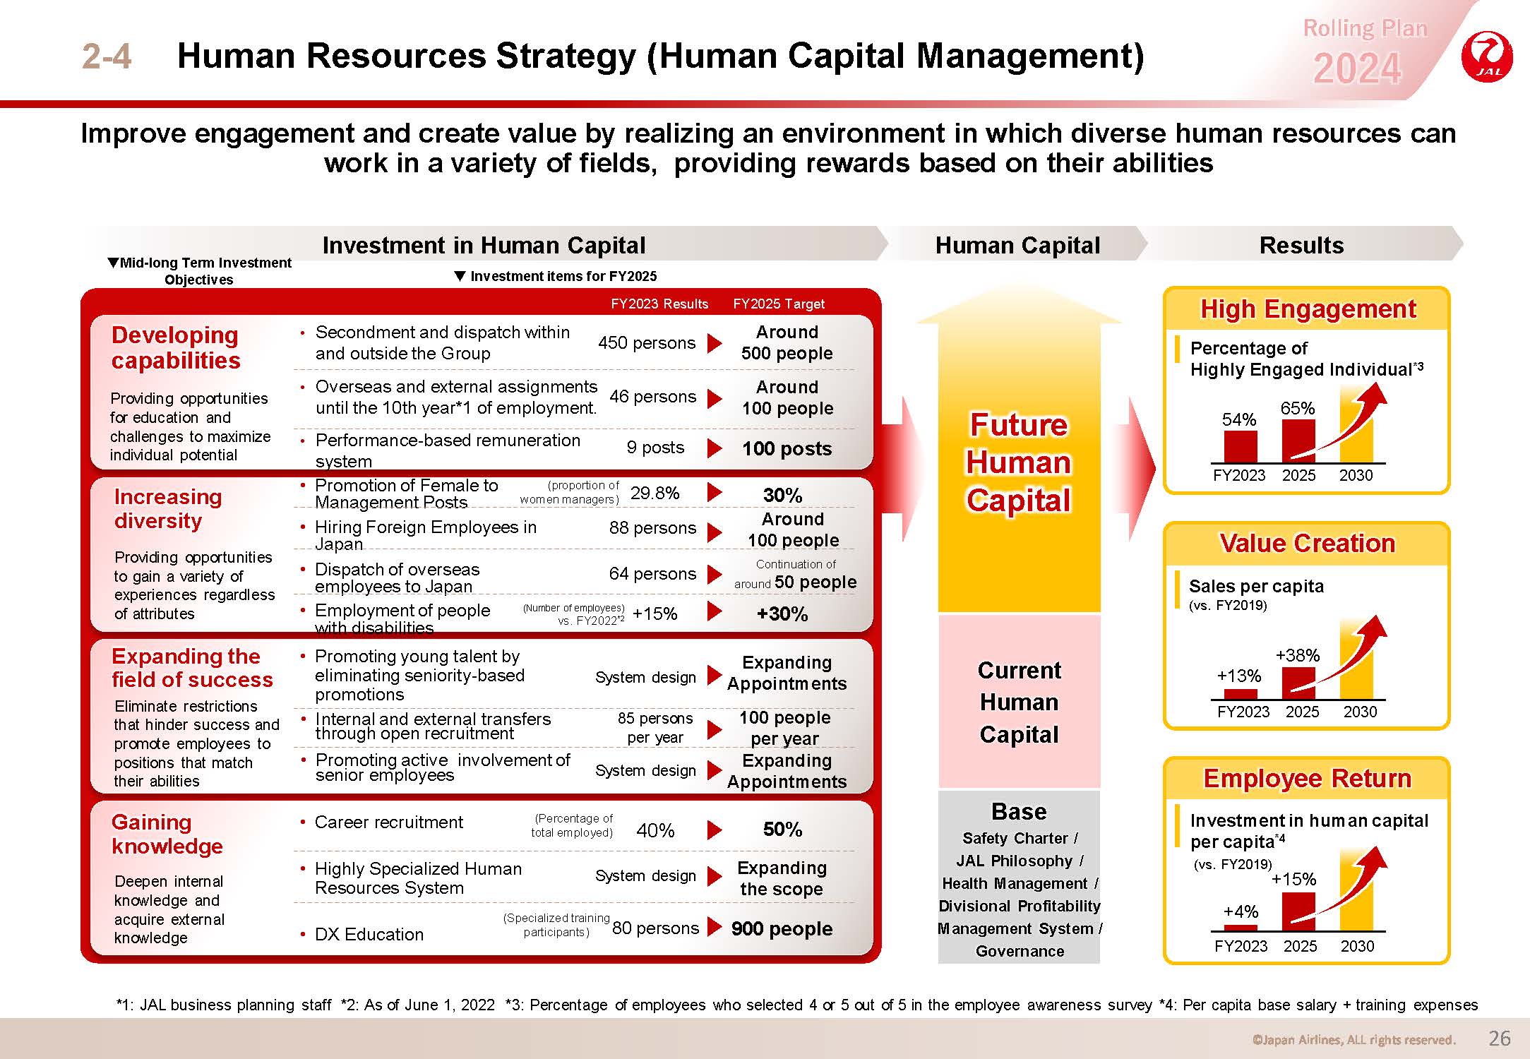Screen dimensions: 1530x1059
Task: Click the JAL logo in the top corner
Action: (x=1488, y=56)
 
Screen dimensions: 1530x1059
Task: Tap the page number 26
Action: (x=1500, y=1038)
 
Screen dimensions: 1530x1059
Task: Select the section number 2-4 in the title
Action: (x=107, y=56)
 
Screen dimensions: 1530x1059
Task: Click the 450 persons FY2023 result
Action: (x=647, y=342)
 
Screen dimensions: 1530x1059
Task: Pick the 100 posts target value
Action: (x=787, y=448)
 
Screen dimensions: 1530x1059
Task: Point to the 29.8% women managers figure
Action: (x=655, y=493)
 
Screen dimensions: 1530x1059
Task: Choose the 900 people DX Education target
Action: (x=782, y=928)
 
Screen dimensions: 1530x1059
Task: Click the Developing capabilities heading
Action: (x=176, y=347)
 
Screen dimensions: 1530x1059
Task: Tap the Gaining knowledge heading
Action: (x=167, y=834)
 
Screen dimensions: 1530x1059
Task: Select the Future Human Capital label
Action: (x=1019, y=462)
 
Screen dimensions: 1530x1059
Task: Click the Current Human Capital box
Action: (x=1020, y=702)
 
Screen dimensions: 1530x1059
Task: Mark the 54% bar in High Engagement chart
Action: (x=1241, y=446)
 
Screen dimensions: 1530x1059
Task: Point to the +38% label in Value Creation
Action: (x=1298, y=655)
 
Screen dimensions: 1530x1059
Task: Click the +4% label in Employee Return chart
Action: (x=1241, y=911)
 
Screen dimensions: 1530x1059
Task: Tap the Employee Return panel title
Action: (x=1307, y=778)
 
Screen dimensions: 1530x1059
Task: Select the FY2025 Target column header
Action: (x=779, y=304)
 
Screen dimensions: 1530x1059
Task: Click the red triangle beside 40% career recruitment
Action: (x=715, y=830)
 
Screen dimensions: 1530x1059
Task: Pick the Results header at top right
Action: (x=1301, y=245)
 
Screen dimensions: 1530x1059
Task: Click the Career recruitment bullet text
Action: (x=389, y=822)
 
